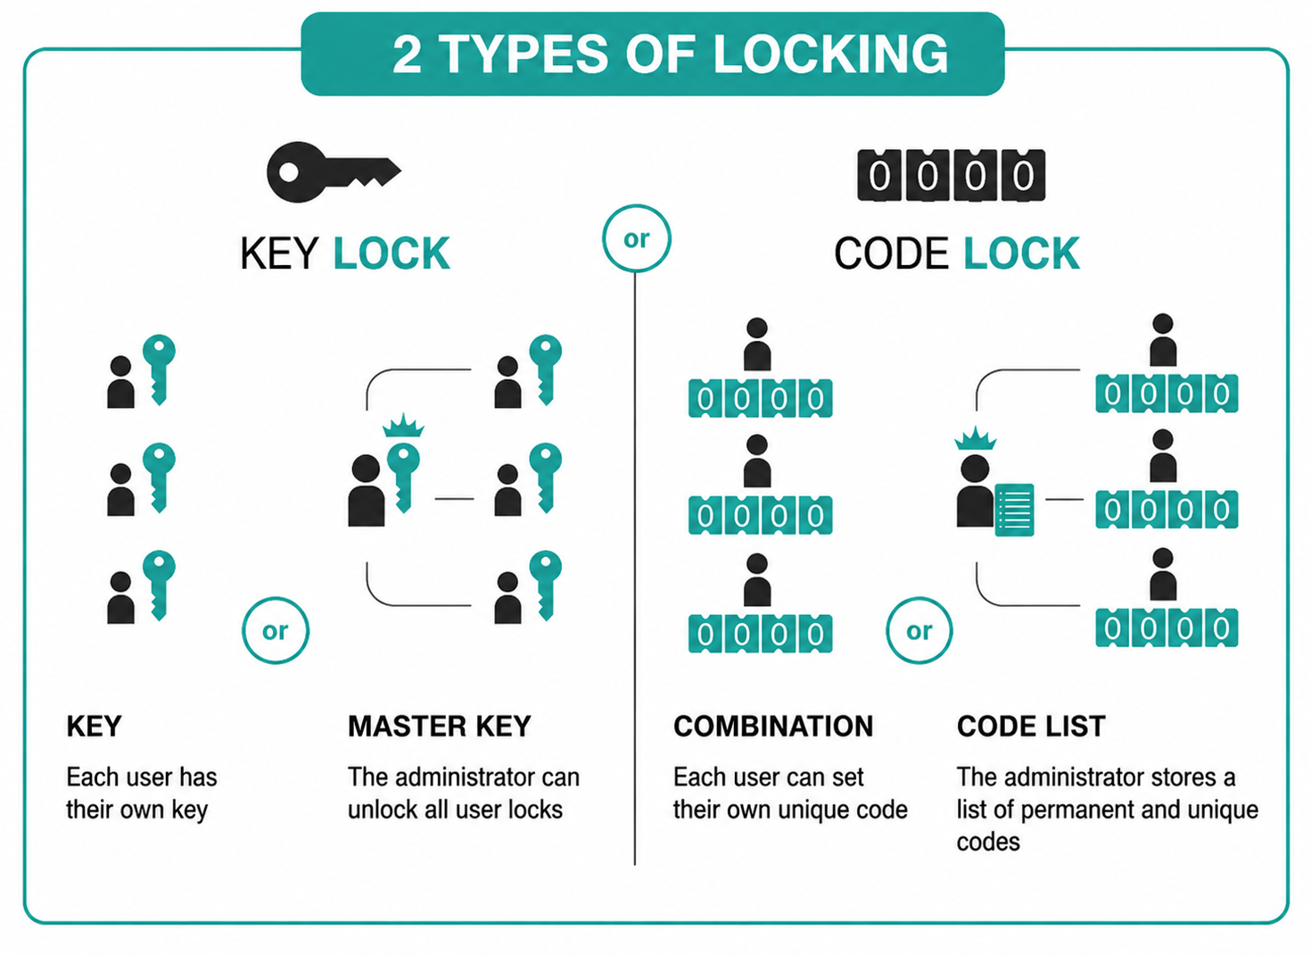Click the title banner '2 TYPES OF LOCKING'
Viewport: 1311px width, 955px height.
pyautogui.click(x=653, y=54)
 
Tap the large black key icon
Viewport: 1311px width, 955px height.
pyautogui.click(x=334, y=172)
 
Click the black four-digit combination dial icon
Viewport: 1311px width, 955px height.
pyautogui.click(x=951, y=175)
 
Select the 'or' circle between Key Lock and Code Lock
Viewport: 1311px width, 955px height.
pyautogui.click(x=636, y=238)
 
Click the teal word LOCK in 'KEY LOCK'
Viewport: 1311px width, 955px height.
pyautogui.click(x=392, y=253)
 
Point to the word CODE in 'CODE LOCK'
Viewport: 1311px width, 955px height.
pyautogui.click(x=891, y=253)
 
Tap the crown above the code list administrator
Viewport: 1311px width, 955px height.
pyautogui.click(x=975, y=438)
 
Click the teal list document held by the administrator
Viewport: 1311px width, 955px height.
pyautogui.click(x=1014, y=510)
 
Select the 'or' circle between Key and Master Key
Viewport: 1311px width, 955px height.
pyautogui.click(x=275, y=630)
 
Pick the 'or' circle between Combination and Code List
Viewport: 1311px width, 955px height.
pyautogui.click(x=919, y=630)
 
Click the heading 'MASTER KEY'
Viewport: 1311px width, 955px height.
pyautogui.click(x=439, y=727)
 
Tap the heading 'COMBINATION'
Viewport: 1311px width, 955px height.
pyautogui.click(x=773, y=727)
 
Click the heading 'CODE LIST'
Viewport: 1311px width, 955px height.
pyautogui.click(x=1031, y=727)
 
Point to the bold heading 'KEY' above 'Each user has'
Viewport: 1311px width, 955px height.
pyautogui.click(x=95, y=727)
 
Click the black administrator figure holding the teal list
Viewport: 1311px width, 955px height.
pyautogui.click(x=975, y=491)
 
